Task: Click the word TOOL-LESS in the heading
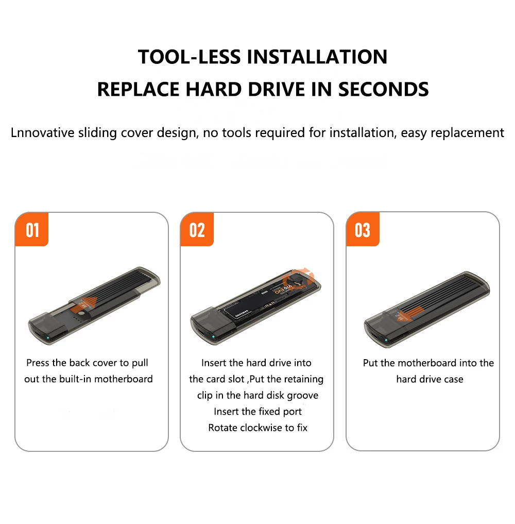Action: [x=190, y=57]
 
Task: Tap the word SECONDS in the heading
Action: [x=383, y=90]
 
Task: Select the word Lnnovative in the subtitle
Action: [x=42, y=132]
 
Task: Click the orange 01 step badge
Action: [x=32, y=229]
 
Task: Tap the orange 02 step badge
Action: [x=197, y=229]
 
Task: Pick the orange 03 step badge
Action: [x=363, y=229]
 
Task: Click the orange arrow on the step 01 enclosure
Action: [x=88, y=302]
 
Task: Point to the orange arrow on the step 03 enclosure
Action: [x=405, y=315]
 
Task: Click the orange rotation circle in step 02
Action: [x=298, y=279]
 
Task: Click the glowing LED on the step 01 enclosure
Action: [x=48, y=338]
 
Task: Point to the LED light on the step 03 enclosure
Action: [x=386, y=340]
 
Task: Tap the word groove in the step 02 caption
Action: [x=302, y=396]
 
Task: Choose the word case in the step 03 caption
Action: [x=454, y=380]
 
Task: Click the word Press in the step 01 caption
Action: [x=38, y=363]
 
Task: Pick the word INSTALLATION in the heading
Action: [x=317, y=57]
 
